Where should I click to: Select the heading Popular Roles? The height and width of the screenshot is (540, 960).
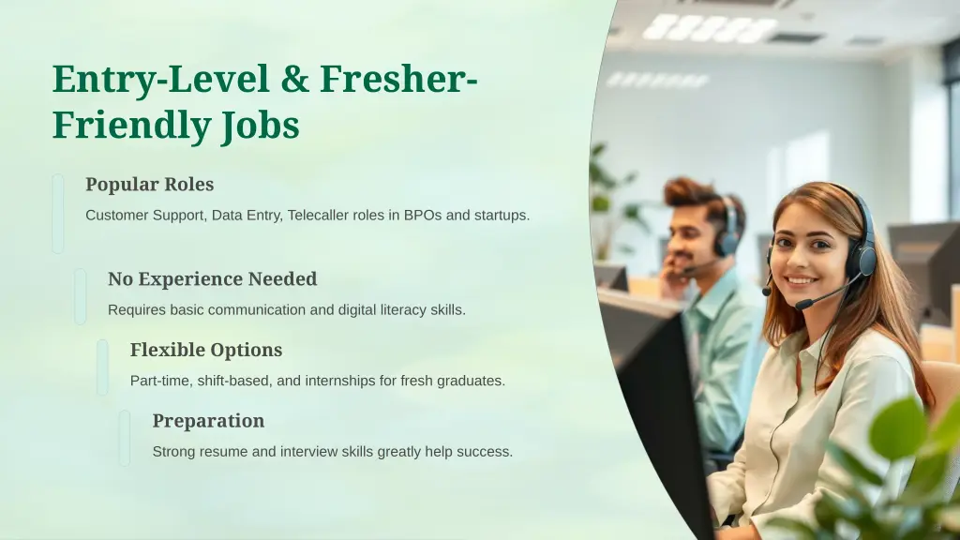tap(149, 185)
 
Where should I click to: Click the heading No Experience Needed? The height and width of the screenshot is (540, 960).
tap(212, 279)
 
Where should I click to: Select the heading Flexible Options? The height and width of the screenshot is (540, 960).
tap(205, 351)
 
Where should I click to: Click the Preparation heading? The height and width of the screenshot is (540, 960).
tap(208, 421)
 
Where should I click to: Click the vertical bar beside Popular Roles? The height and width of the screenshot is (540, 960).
tap(58, 214)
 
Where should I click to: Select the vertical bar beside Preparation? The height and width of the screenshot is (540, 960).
tap(125, 438)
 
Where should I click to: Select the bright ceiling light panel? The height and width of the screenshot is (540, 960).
tap(711, 28)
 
